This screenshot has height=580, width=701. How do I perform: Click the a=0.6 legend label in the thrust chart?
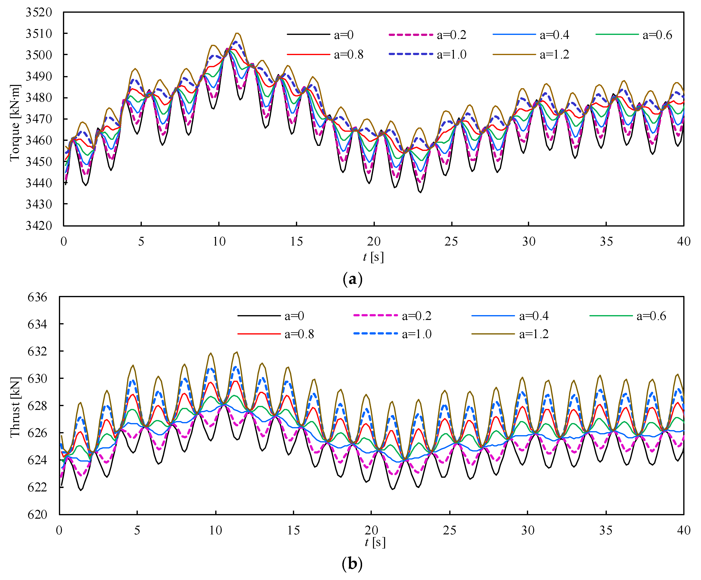click(x=651, y=316)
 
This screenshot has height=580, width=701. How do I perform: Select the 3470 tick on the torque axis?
click(x=39, y=119)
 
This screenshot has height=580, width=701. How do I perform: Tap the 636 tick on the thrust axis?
click(x=37, y=297)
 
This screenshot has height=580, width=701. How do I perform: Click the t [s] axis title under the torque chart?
click(x=373, y=257)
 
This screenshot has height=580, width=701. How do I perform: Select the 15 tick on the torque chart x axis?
click(x=296, y=241)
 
